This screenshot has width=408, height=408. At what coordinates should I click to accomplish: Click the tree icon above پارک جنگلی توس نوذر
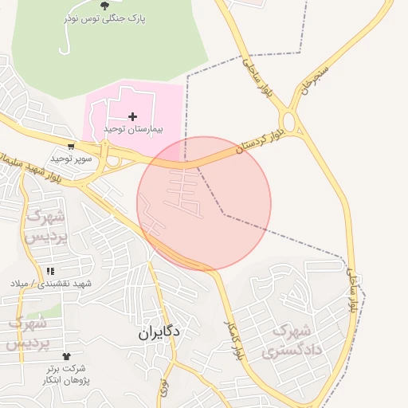pos(105,6)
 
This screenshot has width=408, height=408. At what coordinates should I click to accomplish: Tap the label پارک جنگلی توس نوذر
pos(105,18)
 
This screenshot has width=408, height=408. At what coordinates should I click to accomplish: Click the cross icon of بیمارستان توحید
pos(132,117)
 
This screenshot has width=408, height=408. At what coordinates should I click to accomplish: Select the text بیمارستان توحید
pos(132,128)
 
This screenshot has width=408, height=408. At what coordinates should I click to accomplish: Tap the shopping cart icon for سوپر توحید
pos(72,147)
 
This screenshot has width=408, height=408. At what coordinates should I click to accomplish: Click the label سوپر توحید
pos(72,158)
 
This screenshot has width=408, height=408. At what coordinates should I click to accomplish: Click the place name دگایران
pos(159,331)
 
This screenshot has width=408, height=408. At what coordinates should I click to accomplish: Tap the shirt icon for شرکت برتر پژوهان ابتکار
pos(65,357)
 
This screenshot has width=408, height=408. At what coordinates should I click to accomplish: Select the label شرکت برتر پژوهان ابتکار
pos(65,374)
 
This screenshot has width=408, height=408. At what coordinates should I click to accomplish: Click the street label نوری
pos(164,388)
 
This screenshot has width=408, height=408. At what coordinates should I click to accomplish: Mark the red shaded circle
pos(204,204)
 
